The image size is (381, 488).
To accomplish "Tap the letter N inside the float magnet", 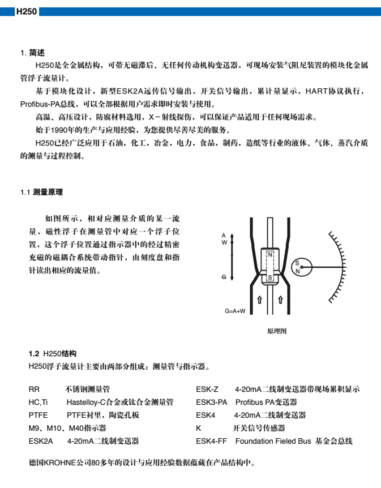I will point(271,255).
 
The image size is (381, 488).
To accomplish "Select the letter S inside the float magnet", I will point(271,277).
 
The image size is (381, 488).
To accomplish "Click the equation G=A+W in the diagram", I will point(235,311).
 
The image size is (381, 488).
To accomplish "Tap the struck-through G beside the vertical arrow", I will point(224,277).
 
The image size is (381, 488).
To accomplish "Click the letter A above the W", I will point(224,234).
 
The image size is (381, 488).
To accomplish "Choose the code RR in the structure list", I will point(34,389).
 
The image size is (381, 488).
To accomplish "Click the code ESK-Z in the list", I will point(207,389).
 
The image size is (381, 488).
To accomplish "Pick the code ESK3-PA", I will point(212,403).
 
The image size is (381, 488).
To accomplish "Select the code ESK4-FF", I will point(211,441).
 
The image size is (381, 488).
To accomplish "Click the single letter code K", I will point(199,428).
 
